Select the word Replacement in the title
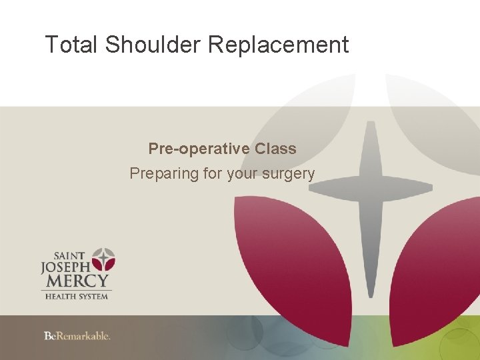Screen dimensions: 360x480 (279, 45)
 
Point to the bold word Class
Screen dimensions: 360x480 (275, 149)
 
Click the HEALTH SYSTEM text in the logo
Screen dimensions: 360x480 (76, 295)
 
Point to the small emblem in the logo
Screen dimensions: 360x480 (103, 259)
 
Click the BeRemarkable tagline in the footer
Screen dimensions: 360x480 (77, 336)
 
